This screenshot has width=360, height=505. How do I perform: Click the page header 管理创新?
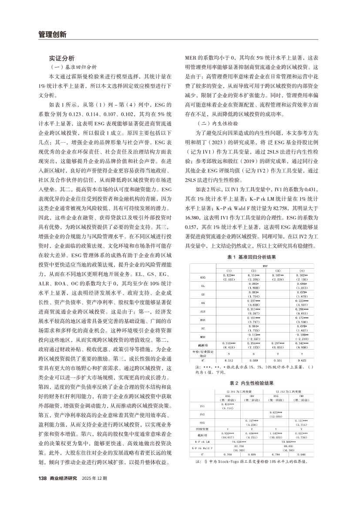pos(52,34)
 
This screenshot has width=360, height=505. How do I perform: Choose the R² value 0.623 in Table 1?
pos(302,360)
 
